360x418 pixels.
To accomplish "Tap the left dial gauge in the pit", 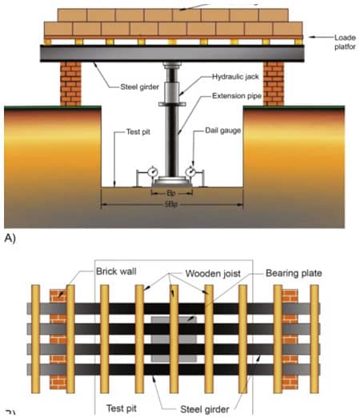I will [x=149, y=172].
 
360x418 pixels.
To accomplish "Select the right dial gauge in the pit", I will [x=192, y=172].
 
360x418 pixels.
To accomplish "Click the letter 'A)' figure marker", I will [x=10, y=239].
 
